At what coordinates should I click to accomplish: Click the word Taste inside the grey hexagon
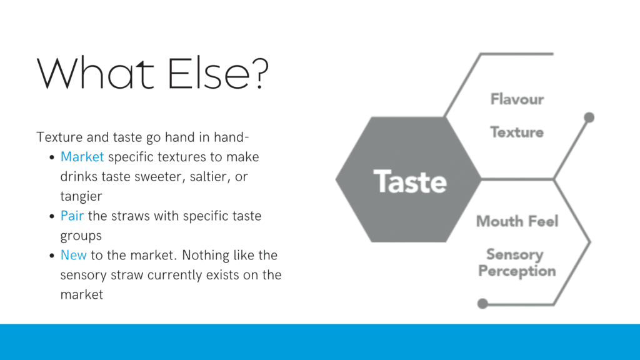tap(410, 182)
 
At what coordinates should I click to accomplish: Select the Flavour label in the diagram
tap(517, 99)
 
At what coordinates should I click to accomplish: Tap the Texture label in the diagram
tap(517, 132)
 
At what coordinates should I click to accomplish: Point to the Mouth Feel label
tap(517, 221)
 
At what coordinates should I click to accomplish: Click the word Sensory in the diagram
tap(515, 255)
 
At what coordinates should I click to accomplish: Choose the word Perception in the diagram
tap(517, 271)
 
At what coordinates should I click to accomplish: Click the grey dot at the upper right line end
tap(589, 117)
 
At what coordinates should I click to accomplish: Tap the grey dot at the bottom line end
tap(482, 304)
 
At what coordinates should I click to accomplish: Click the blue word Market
tap(82, 157)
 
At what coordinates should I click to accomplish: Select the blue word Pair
tap(72, 216)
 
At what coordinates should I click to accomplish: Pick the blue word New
tap(74, 255)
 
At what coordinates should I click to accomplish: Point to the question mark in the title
tap(259, 73)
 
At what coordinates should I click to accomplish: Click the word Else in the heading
tap(209, 73)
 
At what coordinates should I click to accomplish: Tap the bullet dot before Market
tap(52, 157)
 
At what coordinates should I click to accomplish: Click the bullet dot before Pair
tap(52, 216)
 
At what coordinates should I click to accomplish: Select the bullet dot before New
tap(52, 256)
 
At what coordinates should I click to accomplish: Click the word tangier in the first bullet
tap(81, 197)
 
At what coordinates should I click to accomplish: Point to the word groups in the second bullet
tap(81, 236)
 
